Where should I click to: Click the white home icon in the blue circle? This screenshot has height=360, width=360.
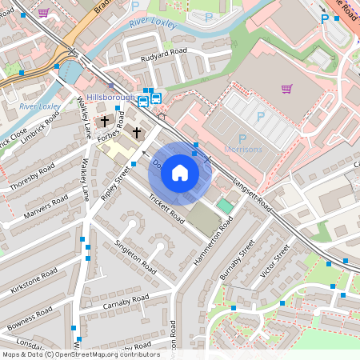click(x=180, y=172)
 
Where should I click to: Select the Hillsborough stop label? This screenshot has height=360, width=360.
click(x=110, y=97)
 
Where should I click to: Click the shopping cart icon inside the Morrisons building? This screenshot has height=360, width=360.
click(x=287, y=88)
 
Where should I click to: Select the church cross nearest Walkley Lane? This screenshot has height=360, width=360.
click(x=106, y=122)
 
